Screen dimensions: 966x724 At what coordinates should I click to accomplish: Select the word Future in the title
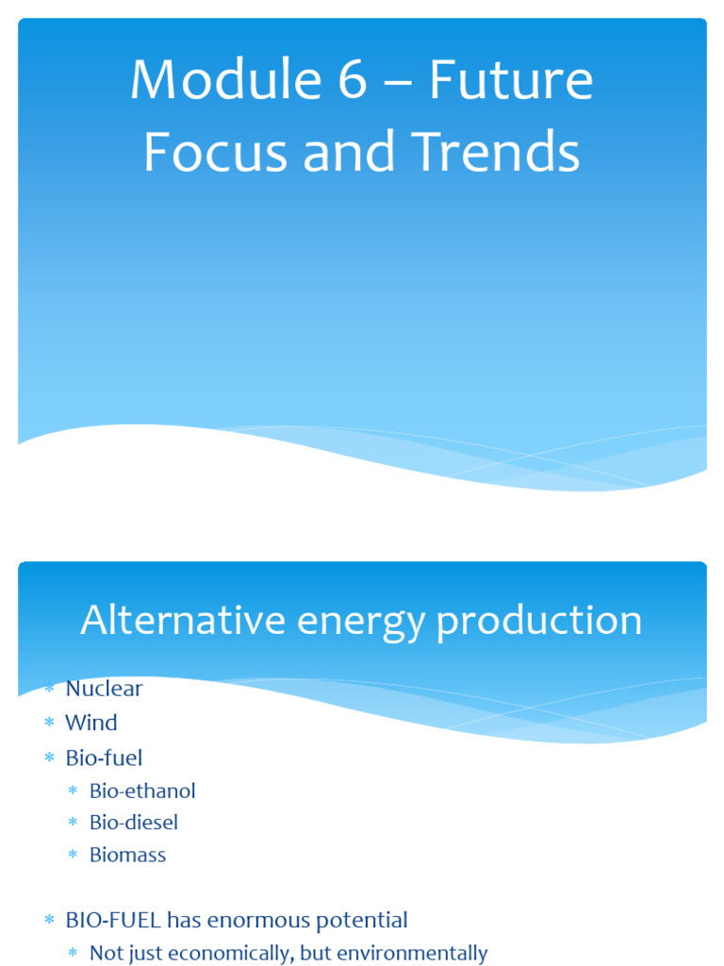pos(510,81)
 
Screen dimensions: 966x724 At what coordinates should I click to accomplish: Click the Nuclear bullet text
pos(104,689)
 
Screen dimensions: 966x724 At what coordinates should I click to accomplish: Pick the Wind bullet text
pos(90,724)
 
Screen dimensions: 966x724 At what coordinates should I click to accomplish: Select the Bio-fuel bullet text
pos(104,758)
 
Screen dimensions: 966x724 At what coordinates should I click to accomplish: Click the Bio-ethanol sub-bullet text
pos(142,791)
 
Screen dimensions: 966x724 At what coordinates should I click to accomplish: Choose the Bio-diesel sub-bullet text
pos(134,823)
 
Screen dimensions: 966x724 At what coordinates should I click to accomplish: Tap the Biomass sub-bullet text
pos(127,855)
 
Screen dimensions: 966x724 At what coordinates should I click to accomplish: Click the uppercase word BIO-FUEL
pos(112,920)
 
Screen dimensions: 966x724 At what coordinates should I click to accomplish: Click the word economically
pos(235,954)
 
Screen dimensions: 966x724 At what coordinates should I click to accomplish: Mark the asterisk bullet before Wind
pos(49,724)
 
